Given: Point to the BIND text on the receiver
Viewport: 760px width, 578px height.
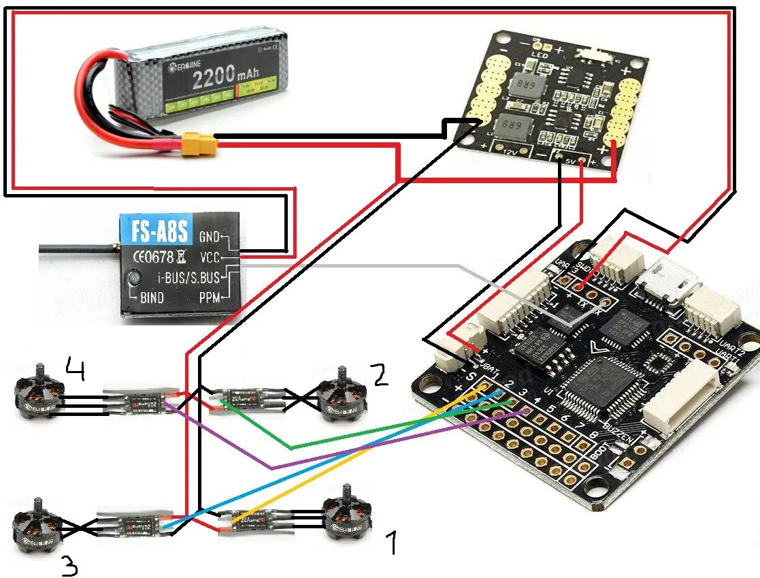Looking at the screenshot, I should pos(152,298).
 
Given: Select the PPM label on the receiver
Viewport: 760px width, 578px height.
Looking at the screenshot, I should pos(210,298).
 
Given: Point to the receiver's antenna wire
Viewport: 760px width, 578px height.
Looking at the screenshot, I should pos(75,251).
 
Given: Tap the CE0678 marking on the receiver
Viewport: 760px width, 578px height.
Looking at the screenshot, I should pos(153,257).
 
